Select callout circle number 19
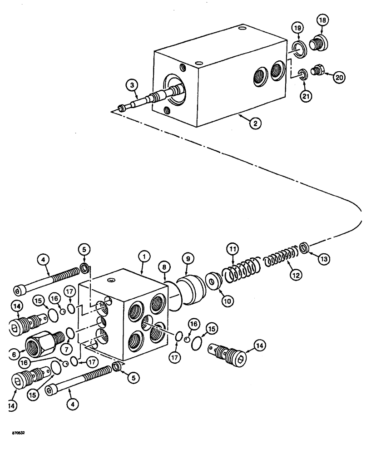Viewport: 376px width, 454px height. (297, 28)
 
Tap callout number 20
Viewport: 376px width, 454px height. (338, 78)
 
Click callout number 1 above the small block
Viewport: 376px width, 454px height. (143, 257)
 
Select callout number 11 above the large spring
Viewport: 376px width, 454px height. (233, 250)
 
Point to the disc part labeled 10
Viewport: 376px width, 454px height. (212, 279)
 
